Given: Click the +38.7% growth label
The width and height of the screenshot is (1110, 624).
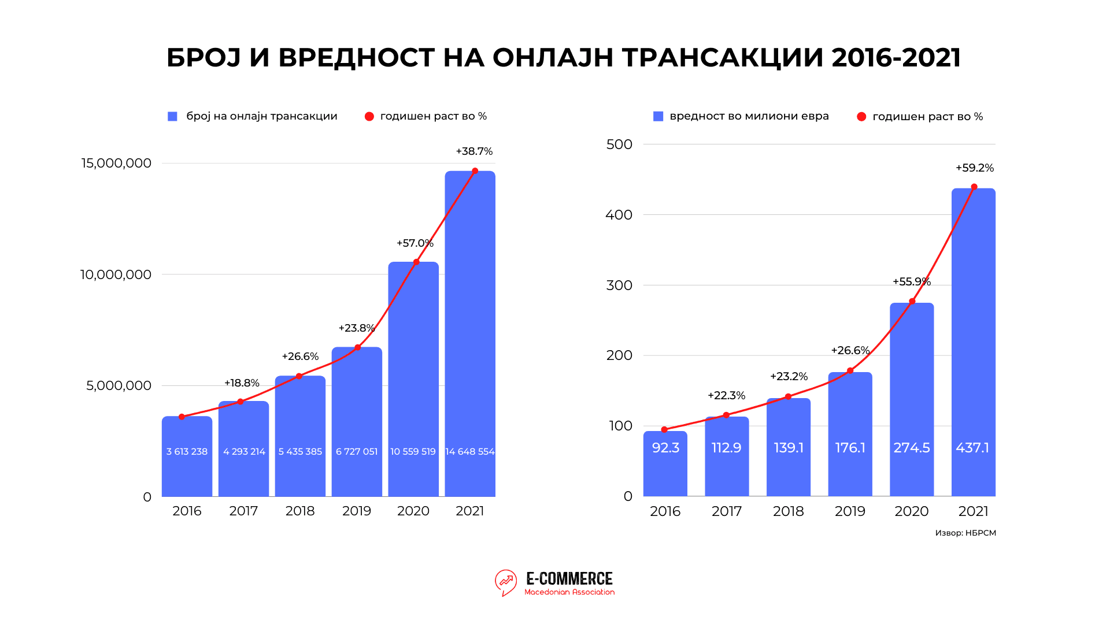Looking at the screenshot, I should click(474, 151).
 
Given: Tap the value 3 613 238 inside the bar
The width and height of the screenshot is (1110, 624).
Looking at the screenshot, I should click(187, 452).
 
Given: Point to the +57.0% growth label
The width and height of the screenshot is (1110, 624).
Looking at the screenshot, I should click(415, 243).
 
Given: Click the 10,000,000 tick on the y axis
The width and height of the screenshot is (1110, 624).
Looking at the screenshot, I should click(116, 274).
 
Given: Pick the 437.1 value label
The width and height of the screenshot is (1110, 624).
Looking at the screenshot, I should click(972, 448).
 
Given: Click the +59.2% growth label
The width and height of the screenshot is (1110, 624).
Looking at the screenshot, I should click(975, 168).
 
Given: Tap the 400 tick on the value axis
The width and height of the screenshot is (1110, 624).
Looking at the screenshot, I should click(619, 215).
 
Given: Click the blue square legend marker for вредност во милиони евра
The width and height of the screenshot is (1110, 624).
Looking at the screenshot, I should click(658, 117).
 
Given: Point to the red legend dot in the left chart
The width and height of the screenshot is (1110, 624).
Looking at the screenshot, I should click(369, 117).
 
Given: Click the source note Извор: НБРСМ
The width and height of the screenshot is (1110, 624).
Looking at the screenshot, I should click(965, 533).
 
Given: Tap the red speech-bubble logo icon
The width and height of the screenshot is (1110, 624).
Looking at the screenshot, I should click(506, 582).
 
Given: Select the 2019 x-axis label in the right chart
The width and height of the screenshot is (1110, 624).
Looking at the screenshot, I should click(850, 511).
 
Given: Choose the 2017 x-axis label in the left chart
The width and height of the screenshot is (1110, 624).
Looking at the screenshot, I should click(243, 511).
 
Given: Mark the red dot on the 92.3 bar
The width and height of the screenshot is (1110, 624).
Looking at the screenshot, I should click(664, 430).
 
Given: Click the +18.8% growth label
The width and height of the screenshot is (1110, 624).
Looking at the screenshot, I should click(242, 383).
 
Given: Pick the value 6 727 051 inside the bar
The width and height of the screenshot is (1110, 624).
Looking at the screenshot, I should click(357, 452).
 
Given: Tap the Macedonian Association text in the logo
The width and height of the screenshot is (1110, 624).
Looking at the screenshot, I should click(569, 592).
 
